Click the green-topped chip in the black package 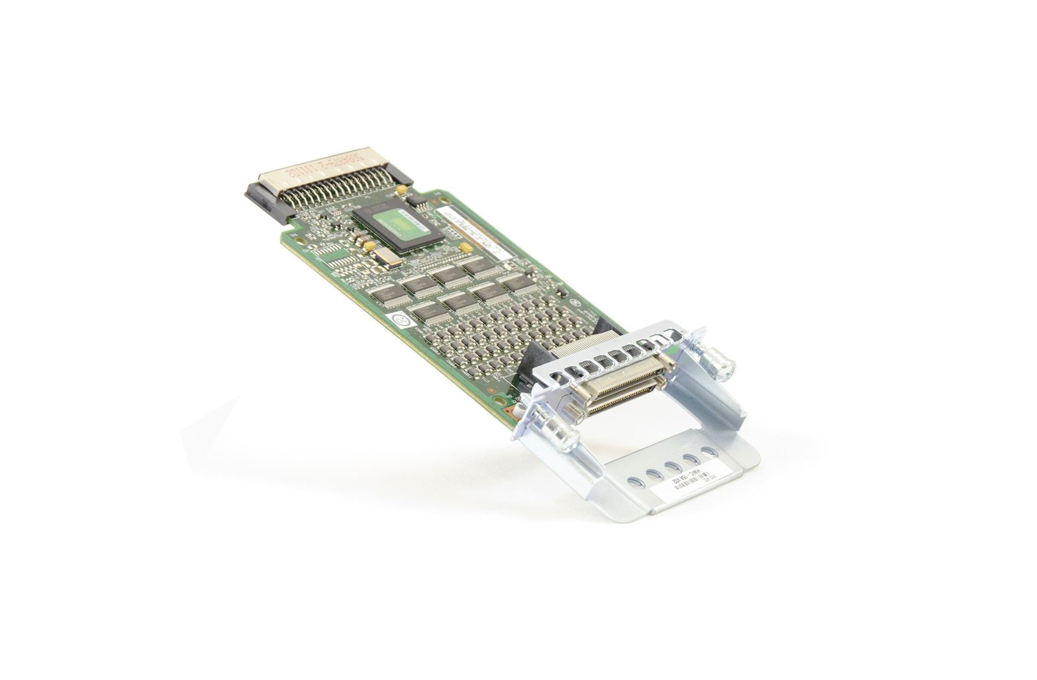pos(398,223)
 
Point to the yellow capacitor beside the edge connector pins pos(402,190)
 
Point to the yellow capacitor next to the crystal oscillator pos(369,246)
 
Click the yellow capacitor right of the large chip pos(465,247)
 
